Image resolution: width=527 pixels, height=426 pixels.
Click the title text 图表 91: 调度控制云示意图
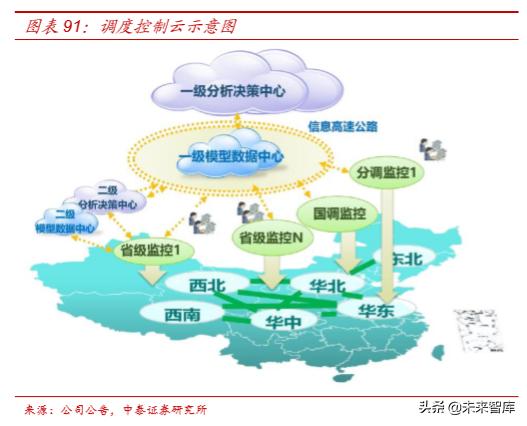coord(130,25)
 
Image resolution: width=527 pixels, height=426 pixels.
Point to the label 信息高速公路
coord(343,127)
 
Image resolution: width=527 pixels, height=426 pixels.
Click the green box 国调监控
coord(334,213)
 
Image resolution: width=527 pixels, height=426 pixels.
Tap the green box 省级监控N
coord(271,237)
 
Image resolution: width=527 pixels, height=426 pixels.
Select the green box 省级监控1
coord(152,248)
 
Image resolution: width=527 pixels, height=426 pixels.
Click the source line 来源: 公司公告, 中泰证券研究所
coord(117,410)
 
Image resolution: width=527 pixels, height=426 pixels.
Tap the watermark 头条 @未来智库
coord(467,407)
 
